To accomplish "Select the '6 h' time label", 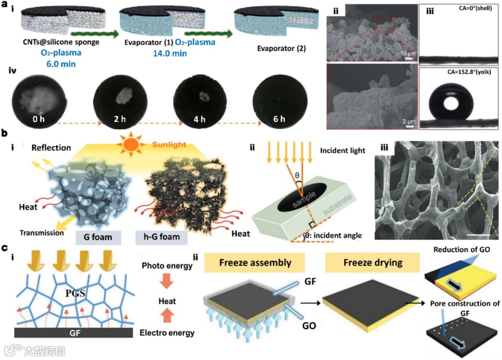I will (x=279, y=119).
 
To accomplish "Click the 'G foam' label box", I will (x=99, y=237).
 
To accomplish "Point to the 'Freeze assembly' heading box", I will (x=254, y=263).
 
